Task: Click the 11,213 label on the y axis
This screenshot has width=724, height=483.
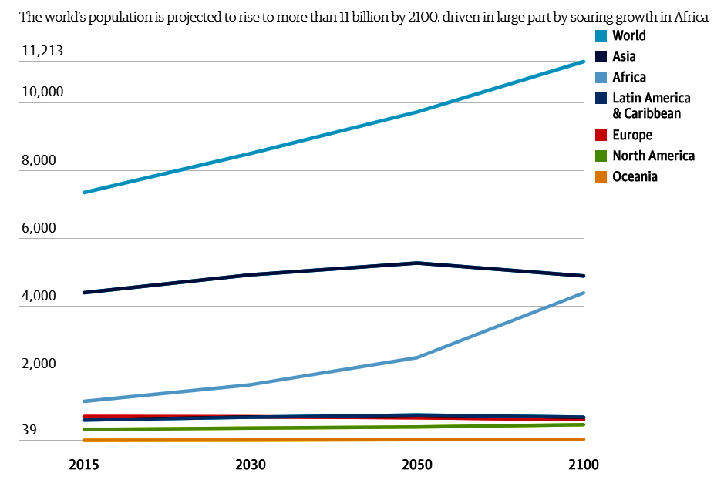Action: [42, 52]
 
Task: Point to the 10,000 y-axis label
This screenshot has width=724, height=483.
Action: [42, 92]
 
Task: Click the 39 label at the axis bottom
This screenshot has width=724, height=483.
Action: [29, 431]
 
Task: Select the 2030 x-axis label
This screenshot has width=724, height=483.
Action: [250, 465]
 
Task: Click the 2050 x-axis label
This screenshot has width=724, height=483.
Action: [417, 465]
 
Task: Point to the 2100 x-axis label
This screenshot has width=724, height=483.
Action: [584, 465]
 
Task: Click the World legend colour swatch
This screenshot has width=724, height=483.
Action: [601, 36]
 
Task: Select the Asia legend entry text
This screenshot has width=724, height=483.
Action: [624, 56]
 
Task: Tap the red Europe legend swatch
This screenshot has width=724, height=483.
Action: [601, 136]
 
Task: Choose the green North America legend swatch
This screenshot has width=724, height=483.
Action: [601, 156]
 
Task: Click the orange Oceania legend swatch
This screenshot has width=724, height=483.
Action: [601, 177]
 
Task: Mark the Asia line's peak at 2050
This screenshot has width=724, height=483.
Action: [417, 263]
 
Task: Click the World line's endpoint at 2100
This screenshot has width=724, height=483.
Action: [584, 62]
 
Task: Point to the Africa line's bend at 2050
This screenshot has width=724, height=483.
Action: [417, 357]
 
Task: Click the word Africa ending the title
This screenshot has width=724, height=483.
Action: [691, 16]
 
